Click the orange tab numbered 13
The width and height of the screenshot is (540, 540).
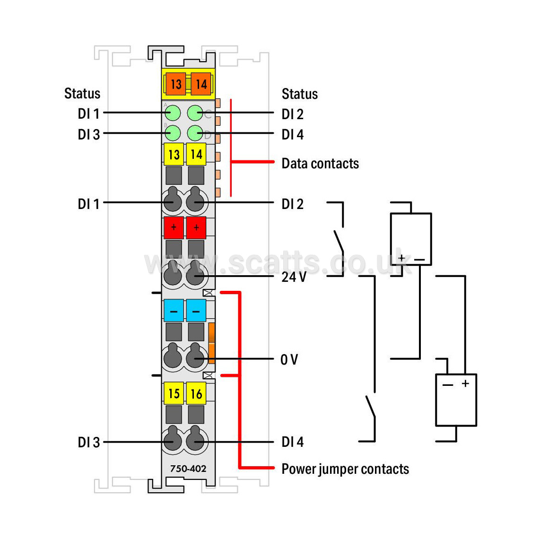coord(175,84)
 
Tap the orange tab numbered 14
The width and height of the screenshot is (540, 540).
coord(201,84)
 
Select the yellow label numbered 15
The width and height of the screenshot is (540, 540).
coord(174,393)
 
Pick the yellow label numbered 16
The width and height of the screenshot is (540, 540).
coord(196,393)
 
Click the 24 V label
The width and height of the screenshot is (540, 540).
coord(294,277)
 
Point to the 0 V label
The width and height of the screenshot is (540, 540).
coord(289,359)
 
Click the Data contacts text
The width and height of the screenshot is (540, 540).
coord(320,163)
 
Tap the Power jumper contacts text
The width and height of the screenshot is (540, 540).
coord(346,469)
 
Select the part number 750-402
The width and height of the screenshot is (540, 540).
coord(188,469)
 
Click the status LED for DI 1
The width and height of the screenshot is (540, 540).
coord(173,113)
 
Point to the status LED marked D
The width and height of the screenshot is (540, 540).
coord(195,133)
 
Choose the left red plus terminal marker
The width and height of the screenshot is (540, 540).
coord(174,227)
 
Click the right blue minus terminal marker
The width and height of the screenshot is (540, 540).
coord(196,310)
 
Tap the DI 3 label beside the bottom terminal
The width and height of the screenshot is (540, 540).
coord(89,442)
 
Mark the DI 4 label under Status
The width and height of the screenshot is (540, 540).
coord(293,134)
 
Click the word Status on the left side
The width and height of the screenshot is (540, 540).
coord(82,93)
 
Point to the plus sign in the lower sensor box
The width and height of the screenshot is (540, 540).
coord(465,383)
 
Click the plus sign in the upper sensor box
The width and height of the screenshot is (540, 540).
coord(401,258)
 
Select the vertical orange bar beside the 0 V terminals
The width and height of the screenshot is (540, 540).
coord(211,343)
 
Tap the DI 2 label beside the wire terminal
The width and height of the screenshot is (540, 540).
coord(293,204)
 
